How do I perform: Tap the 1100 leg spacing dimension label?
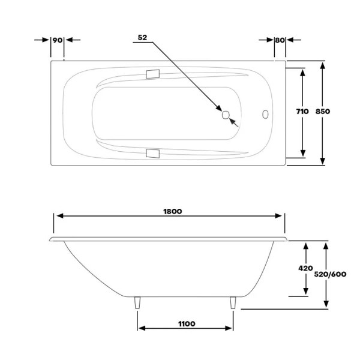(187, 324)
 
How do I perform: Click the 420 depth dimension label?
(307, 269)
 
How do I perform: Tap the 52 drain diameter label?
(142, 37)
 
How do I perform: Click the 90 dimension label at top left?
(58, 40)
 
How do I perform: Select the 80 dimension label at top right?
(279, 40)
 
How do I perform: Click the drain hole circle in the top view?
(226, 115)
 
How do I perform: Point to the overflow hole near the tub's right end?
(265, 114)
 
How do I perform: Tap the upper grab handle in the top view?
(152, 75)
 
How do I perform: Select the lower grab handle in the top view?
(152, 154)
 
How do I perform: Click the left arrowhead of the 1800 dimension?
(58, 217)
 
